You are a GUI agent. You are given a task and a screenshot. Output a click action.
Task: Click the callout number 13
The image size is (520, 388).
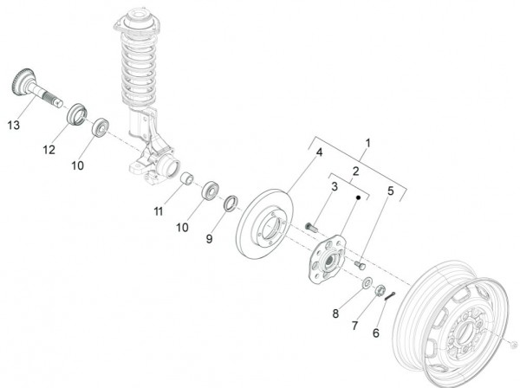pos(13,126)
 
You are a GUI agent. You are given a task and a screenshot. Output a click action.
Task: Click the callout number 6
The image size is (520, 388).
pos(377,333)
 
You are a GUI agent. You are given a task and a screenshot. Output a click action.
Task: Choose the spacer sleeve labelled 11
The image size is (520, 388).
pos(185,181)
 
